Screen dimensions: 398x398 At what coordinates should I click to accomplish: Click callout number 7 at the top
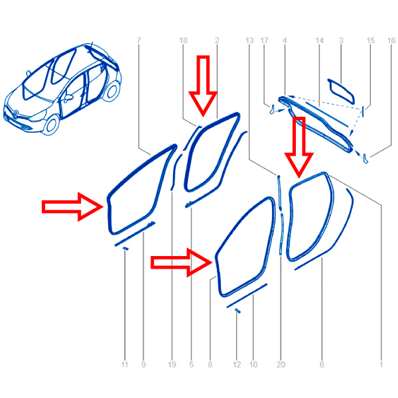point(139,40)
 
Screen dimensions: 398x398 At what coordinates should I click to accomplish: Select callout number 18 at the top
point(183,40)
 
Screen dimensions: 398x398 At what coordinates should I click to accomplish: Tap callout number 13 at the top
point(249,40)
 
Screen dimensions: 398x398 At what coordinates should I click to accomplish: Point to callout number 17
point(264,40)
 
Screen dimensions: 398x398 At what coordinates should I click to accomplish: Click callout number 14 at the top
point(319,40)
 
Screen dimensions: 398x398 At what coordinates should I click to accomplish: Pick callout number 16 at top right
point(391,40)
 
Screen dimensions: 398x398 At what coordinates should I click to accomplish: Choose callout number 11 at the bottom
point(125,365)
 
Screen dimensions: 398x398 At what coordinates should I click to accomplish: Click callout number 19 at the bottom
point(172,365)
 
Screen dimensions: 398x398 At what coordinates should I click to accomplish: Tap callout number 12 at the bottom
point(237,365)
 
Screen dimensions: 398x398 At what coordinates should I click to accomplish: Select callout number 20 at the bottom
point(281,365)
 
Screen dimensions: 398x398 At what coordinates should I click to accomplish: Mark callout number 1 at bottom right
point(381,365)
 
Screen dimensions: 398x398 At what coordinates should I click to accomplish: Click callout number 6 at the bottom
point(322,365)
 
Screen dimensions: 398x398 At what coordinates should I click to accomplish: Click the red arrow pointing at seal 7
point(72,206)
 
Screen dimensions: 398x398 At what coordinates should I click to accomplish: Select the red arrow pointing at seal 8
point(182,263)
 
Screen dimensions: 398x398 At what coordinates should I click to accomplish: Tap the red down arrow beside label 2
point(203,86)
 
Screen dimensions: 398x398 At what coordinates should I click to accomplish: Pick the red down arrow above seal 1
point(299,147)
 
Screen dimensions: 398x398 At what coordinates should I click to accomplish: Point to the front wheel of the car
point(52,125)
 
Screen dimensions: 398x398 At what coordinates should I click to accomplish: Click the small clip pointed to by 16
point(365,159)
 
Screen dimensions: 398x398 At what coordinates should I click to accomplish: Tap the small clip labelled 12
point(237,310)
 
